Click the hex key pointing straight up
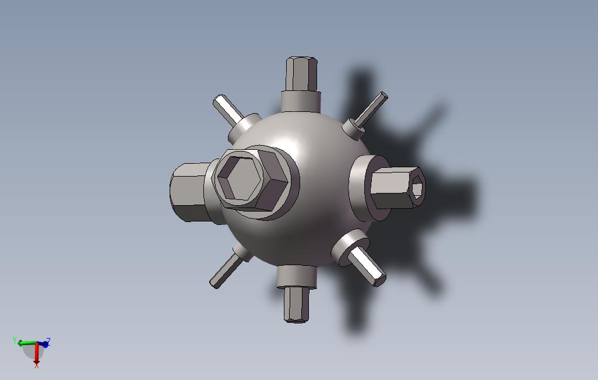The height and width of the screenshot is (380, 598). pyautogui.click(x=302, y=74)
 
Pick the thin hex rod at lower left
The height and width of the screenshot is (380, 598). pyautogui.click(x=225, y=272)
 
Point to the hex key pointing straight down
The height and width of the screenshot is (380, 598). pyautogui.click(x=296, y=305)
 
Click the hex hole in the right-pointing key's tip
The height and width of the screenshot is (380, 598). pyautogui.click(x=417, y=188)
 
